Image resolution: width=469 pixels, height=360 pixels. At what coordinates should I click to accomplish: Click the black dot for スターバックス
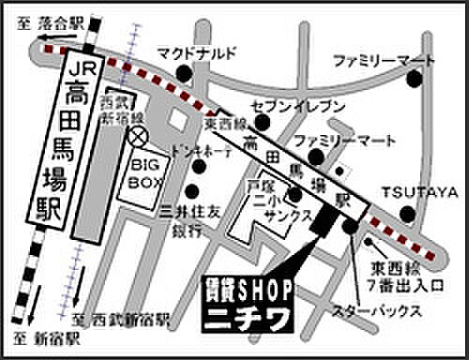[350, 226]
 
